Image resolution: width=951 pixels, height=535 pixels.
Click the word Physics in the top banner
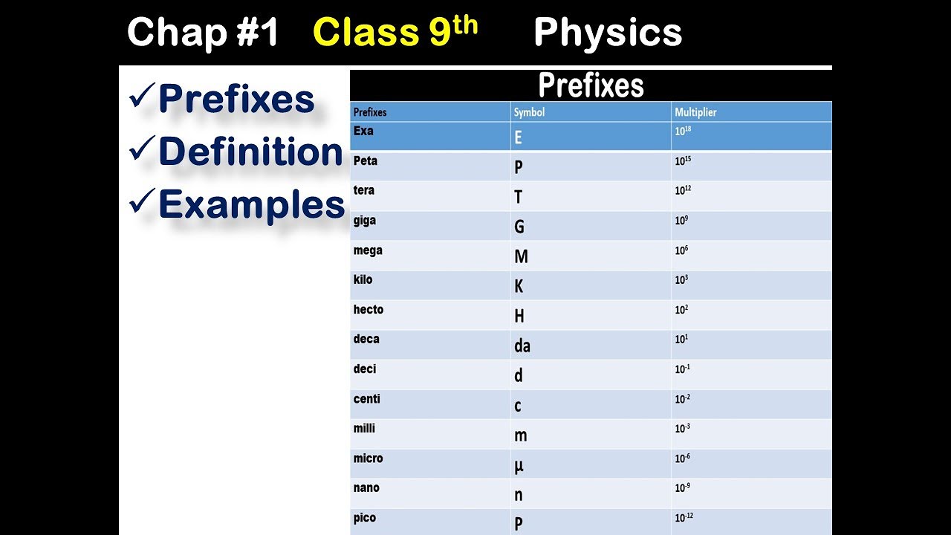(x=607, y=33)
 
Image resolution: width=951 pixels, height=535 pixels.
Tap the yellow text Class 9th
(x=395, y=32)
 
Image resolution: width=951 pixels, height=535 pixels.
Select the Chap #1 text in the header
(x=203, y=33)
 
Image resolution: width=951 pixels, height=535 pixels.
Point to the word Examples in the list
(x=251, y=204)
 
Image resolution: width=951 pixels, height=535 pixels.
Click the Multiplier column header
(x=695, y=112)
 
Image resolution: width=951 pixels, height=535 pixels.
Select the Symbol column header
(x=529, y=112)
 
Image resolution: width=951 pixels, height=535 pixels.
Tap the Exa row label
(x=363, y=132)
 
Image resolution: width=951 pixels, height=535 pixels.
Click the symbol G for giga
(x=519, y=227)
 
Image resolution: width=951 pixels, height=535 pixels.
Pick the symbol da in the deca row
(x=522, y=346)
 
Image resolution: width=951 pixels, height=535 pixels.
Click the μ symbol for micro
(x=519, y=465)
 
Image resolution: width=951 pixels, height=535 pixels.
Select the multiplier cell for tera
(x=684, y=190)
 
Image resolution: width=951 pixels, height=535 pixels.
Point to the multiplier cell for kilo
(x=681, y=279)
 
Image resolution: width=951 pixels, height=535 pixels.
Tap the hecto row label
(x=369, y=310)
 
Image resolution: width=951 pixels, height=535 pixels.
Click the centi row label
(x=367, y=399)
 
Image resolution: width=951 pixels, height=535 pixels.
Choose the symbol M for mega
(x=521, y=256)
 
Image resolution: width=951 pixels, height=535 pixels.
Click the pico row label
(x=365, y=518)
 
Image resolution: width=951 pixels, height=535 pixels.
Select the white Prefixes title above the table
(x=591, y=85)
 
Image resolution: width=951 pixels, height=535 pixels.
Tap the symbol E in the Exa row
(x=518, y=137)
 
